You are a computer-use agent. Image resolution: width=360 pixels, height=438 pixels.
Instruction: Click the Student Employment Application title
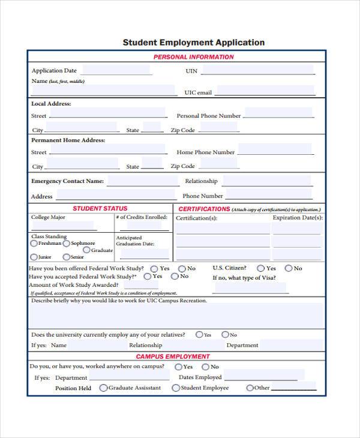pos(193,43)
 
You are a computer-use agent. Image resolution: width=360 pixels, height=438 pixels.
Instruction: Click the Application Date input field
pos(115,70)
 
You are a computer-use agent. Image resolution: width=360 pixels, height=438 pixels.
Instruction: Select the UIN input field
pos(258,70)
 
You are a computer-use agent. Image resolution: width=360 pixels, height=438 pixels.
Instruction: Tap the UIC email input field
pos(265,91)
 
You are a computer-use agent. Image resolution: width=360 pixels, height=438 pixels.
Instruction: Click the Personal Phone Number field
pos(278,113)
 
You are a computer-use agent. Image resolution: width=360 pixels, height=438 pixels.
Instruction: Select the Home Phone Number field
pos(274,150)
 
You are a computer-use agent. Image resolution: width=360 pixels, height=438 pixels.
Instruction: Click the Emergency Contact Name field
pos(142,181)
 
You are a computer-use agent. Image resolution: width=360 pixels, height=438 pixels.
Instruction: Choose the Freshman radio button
pos(34,244)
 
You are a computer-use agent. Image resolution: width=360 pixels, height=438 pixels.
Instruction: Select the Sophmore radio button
pos(67,244)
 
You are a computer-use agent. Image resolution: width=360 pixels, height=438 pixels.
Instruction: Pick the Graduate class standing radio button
pos(86,250)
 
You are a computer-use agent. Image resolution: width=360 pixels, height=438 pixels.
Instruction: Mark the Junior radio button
pos(34,257)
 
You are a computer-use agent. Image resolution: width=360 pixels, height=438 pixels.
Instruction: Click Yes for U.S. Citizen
pos(260,268)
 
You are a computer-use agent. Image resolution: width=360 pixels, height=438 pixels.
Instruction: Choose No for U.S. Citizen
pos(289,268)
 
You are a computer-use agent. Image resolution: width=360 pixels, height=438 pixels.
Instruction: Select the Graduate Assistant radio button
pos(103,388)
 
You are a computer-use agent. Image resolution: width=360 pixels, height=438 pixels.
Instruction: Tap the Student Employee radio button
pos(176,388)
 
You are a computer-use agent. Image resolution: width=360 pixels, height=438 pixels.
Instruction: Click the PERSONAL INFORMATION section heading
pos(193,57)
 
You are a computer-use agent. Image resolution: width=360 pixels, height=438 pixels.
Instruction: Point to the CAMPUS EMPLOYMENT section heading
pos(172,356)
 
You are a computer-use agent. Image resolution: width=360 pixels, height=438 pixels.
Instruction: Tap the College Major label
pos(49,217)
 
